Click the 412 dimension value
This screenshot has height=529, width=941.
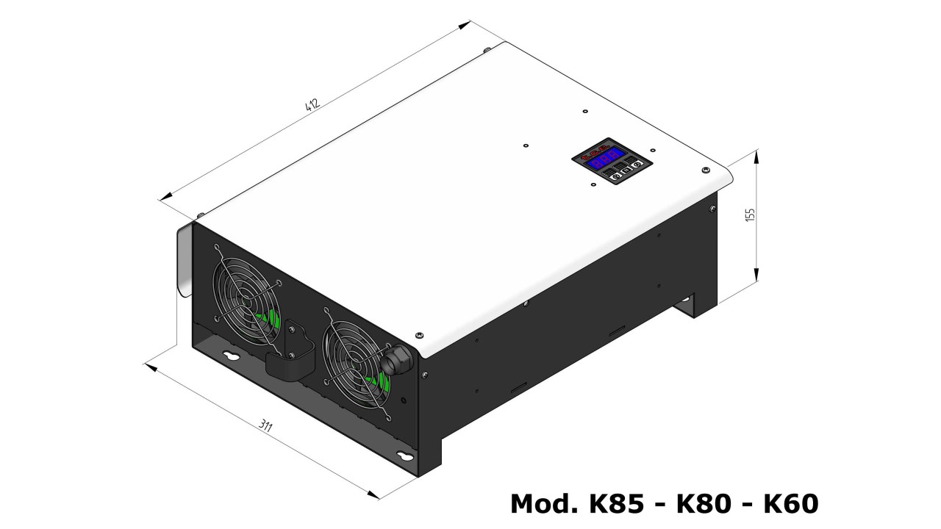tap(312, 104)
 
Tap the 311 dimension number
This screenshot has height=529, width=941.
tap(265, 425)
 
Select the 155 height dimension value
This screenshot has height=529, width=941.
tap(750, 215)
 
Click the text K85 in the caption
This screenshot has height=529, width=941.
tap(617, 503)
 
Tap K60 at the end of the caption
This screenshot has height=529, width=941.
tap(790, 503)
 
